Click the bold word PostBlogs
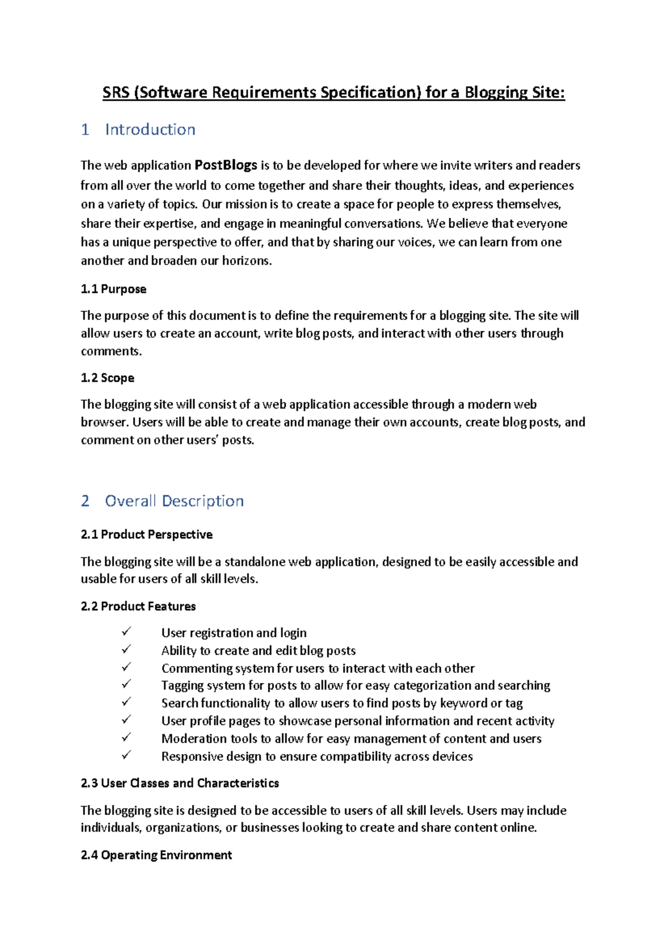225,165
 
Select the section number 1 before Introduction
85,130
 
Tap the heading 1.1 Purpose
114,289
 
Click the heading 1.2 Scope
107,378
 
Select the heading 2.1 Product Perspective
146,534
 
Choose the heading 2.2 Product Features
138,606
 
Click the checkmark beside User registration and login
126,632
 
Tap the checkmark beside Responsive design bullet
126,755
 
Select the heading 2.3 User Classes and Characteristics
180,783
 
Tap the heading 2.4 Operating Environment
156,855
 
